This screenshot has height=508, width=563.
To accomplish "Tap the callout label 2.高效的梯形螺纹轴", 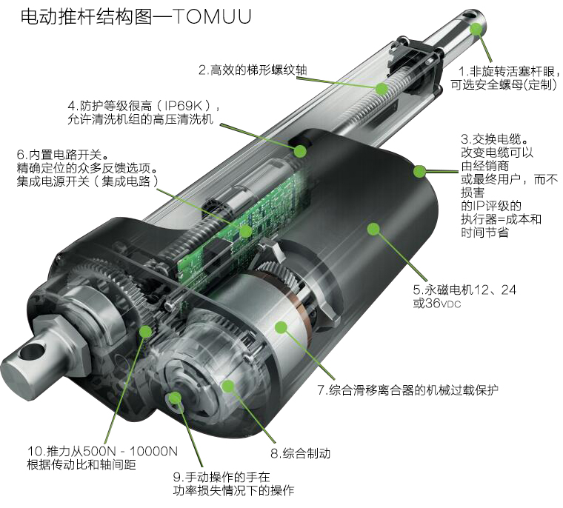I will [x=252, y=70].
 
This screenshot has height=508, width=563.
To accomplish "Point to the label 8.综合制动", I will [x=299, y=452].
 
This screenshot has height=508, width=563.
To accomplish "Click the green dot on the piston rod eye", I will [x=476, y=29].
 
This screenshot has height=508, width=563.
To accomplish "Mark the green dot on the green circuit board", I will [x=244, y=231].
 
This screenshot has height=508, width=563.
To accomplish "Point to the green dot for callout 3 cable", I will [x=419, y=172].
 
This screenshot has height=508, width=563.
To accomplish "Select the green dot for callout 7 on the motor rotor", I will [x=280, y=327].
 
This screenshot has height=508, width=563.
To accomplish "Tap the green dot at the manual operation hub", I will [x=175, y=398].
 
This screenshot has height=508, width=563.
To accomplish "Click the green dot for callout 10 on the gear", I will [x=146, y=331].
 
